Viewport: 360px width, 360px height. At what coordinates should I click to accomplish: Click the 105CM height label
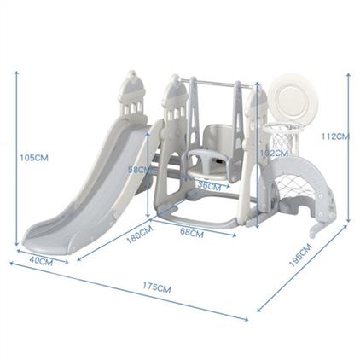(x=34, y=158)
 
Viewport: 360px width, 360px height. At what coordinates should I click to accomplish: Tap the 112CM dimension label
(x=335, y=136)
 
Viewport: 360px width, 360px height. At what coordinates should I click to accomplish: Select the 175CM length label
(x=157, y=287)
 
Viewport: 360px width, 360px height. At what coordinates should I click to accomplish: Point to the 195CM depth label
(x=300, y=255)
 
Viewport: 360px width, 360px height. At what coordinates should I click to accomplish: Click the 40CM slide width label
(x=41, y=261)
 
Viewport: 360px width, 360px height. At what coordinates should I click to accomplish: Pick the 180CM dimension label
(x=140, y=235)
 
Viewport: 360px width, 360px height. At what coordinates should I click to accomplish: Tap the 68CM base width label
(x=192, y=233)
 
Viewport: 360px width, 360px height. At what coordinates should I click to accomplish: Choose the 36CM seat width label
(x=209, y=186)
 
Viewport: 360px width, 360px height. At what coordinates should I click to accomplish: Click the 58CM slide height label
(x=139, y=170)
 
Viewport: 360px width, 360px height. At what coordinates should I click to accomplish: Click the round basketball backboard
(x=290, y=96)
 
